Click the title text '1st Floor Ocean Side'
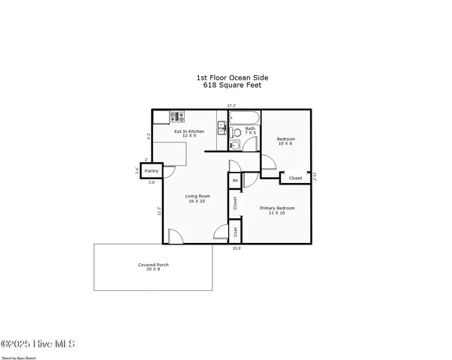pyautogui.click(x=231, y=77)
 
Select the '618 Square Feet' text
pyautogui.click(x=231, y=85)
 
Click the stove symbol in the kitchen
pyautogui.click(x=177, y=116)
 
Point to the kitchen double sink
pyautogui.click(x=222, y=128)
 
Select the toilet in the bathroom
pyautogui.click(x=236, y=133)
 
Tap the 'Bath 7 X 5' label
pyautogui.click(x=250, y=132)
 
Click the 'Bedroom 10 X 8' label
pyautogui.click(x=285, y=141)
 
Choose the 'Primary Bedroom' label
pyautogui.click(x=277, y=210)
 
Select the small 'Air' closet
pyautogui.click(x=235, y=181)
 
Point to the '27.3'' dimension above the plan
pyautogui.click(x=232, y=106)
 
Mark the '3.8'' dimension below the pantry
pyautogui.click(x=152, y=182)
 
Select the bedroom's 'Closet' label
pyautogui.click(x=295, y=178)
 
